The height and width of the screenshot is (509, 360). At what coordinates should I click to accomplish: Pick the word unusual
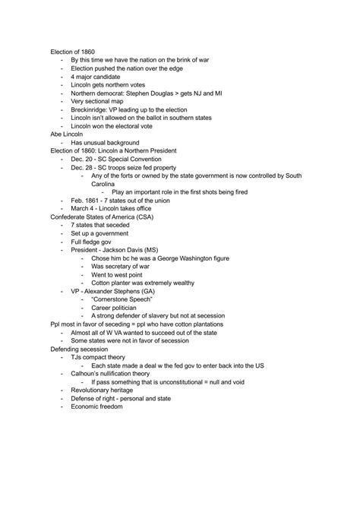point(98,142)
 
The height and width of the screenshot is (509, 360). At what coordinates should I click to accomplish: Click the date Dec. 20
point(83,159)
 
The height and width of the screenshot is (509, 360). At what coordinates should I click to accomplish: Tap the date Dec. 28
point(83,167)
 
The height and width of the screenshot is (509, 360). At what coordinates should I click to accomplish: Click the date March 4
point(84,209)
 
